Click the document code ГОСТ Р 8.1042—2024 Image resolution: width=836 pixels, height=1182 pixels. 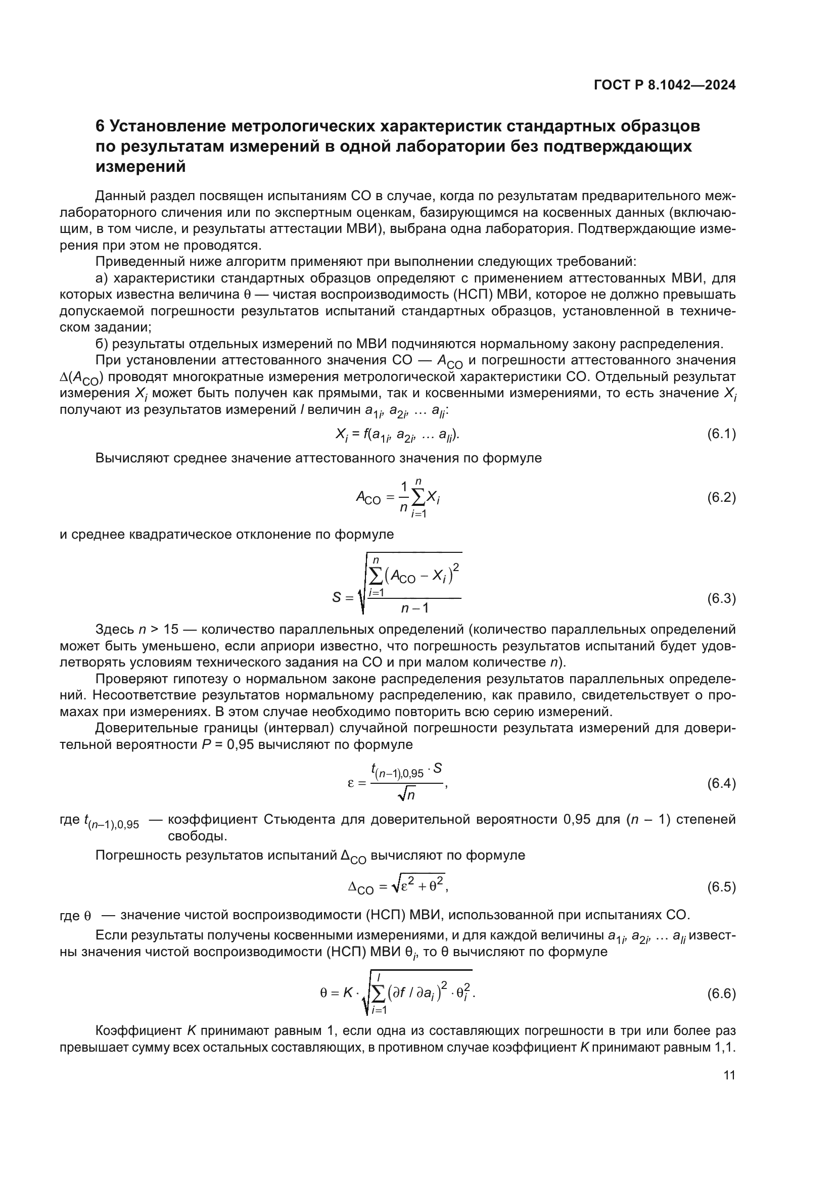pos(665,85)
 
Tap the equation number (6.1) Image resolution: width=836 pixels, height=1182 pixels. pos(721,434)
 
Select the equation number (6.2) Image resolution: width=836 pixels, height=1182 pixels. pos(721,497)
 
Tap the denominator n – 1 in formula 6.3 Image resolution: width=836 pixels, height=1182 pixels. pos(415,608)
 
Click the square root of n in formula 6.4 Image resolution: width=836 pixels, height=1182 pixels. pos(407,795)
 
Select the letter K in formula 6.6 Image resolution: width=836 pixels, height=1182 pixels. pos(350,992)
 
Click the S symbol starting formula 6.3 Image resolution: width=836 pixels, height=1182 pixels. pos(336,598)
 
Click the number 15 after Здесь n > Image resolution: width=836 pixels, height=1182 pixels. pos(170,630)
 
